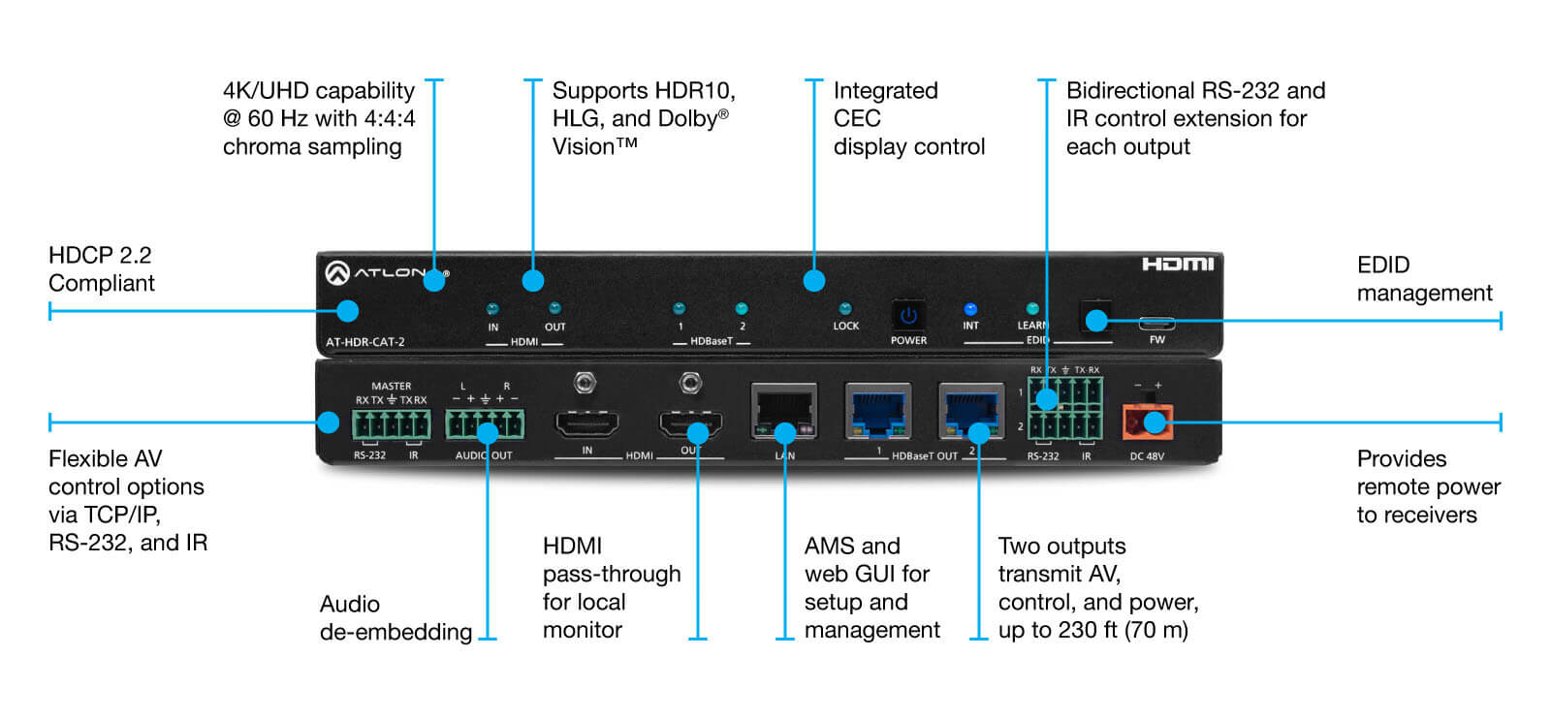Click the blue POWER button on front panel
(x=908, y=316)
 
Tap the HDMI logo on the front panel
(x=1177, y=265)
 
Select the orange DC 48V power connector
(x=1148, y=422)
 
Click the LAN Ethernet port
(x=783, y=412)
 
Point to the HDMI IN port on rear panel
(x=586, y=423)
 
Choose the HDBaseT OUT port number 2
(x=970, y=412)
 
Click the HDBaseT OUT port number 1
(x=878, y=412)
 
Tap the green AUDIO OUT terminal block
(x=485, y=424)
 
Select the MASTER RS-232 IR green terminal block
(x=392, y=424)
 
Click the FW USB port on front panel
(x=1156, y=324)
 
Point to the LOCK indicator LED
(x=845, y=309)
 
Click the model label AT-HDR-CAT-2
(x=365, y=342)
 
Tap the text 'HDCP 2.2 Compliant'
(x=101, y=269)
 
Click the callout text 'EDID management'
(x=1423, y=279)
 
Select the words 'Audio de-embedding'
(x=395, y=618)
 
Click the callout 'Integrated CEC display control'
(x=908, y=118)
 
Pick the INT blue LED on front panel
(x=970, y=310)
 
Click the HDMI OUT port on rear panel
(x=690, y=423)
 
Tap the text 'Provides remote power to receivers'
(x=1427, y=486)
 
